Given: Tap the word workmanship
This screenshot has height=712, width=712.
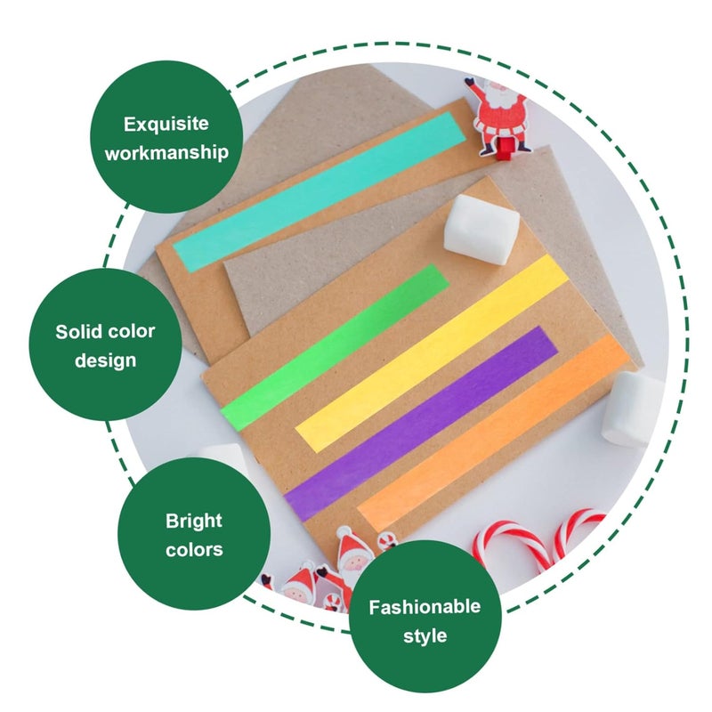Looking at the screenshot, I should click(x=166, y=152).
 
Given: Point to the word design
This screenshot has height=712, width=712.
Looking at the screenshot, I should click(x=105, y=360).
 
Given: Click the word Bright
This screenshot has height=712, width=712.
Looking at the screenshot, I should click(x=194, y=521).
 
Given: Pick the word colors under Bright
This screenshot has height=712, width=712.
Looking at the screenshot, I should click(x=194, y=549).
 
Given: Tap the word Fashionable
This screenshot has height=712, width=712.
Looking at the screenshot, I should click(x=425, y=607).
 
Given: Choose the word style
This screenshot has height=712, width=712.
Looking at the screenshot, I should click(x=425, y=636).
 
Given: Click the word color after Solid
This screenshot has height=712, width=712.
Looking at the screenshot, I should click(x=133, y=332).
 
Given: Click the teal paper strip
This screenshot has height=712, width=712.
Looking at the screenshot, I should click(x=319, y=190).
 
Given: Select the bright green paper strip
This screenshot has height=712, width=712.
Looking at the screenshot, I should click(x=334, y=346).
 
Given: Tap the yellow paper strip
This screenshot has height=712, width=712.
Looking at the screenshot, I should click(x=432, y=352).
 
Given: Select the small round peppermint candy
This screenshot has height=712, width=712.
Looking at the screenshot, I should click(x=386, y=540).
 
